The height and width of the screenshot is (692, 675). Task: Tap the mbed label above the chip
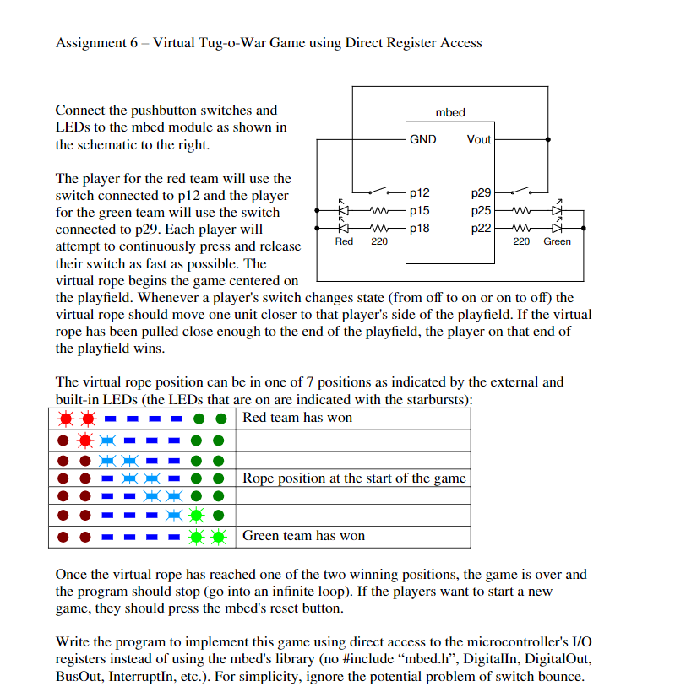click(x=449, y=112)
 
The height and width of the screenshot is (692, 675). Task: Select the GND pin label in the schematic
click(x=422, y=139)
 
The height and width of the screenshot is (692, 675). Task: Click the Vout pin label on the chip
click(x=478, y=139)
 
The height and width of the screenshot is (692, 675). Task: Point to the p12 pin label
click(x=419, y=193)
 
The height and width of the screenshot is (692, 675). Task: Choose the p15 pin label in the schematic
click(x=419, y=210)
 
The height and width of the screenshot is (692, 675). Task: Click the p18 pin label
click(x=419, y=227)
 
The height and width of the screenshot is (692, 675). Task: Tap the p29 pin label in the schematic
click(x=481, y=193)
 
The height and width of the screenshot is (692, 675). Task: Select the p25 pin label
click(x=481, y=210)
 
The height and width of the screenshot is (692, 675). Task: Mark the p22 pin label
click(x=481, y=227)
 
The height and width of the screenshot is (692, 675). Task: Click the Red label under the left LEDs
click(x=344, y=241)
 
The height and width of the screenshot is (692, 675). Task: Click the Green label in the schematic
click(x=557, y=241)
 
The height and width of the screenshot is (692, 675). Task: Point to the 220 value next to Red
click(x=379, y=241)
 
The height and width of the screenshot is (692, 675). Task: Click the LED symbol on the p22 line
click(x=557, y=227)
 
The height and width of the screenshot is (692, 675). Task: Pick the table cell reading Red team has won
click(x=297, y=418)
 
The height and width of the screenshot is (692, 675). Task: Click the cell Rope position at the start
click(x=354, y=478)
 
